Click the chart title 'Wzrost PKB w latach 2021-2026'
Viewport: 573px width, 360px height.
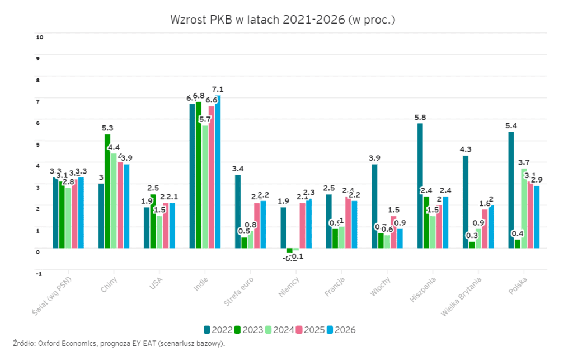283,20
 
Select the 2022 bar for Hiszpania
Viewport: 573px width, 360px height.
420,185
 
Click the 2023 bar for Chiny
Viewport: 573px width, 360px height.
107,190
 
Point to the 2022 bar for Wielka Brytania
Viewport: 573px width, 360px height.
466,202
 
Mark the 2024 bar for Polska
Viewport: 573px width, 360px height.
524,208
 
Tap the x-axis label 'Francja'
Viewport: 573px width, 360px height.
334,288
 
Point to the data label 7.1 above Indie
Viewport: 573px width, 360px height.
218,89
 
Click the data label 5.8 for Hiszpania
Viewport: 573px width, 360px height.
420,117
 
